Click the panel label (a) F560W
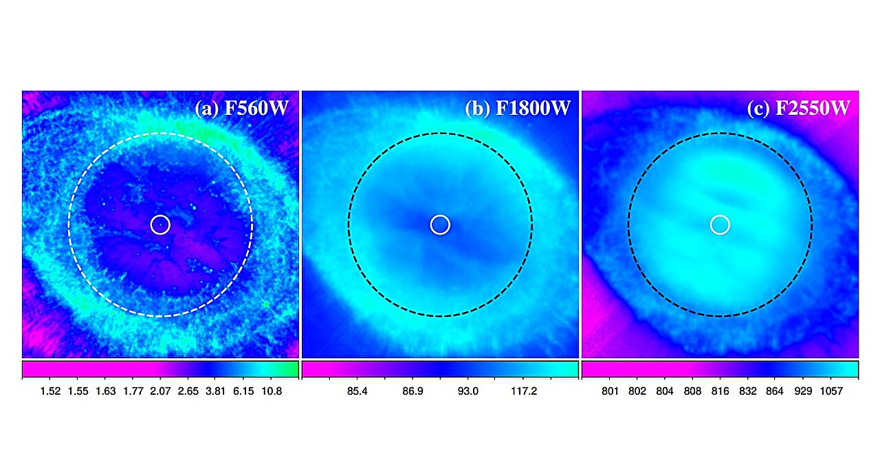[x=242, y=109]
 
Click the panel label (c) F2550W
[x=799, y=109]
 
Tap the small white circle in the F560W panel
[x=160, y=224]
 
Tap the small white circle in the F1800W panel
[x=440, y=224]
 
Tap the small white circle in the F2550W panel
[x=720, y=224]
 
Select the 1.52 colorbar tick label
[x=50, y=391]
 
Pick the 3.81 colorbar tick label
[x=216, y=391]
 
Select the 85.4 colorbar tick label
[x=357, y=391]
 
